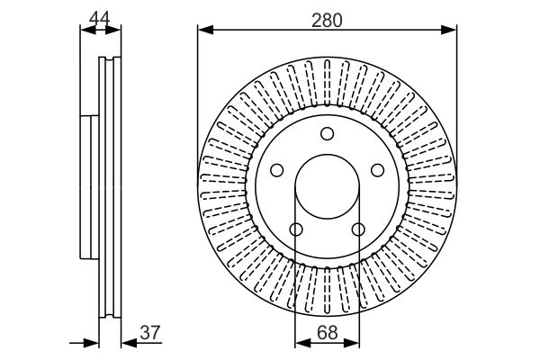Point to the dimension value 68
click(x=328, y=333)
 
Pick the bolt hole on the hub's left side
click(x=277, y=170)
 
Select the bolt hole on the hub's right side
click(x=378, y=170)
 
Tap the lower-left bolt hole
click(x=296, y=229)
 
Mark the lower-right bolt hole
click(x=358, y=229)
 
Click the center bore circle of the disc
click(x=328, y=190)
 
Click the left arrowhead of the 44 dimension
click(x=86, y=31)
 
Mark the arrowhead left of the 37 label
click(x=126, y=343)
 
